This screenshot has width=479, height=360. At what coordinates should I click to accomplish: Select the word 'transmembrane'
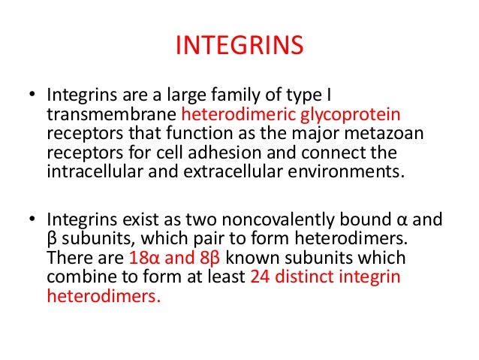(x=112, y=114)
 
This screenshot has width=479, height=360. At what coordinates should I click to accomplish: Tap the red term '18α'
(x=144, y=259)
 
